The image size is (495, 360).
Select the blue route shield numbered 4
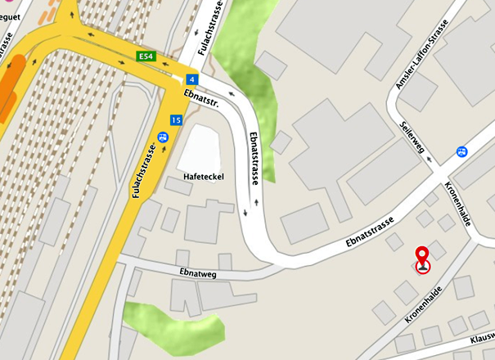point(191,79)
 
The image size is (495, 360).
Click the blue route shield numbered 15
point(176,120)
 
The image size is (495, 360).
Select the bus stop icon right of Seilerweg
point(461,151)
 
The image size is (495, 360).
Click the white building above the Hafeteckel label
point(199,148)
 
